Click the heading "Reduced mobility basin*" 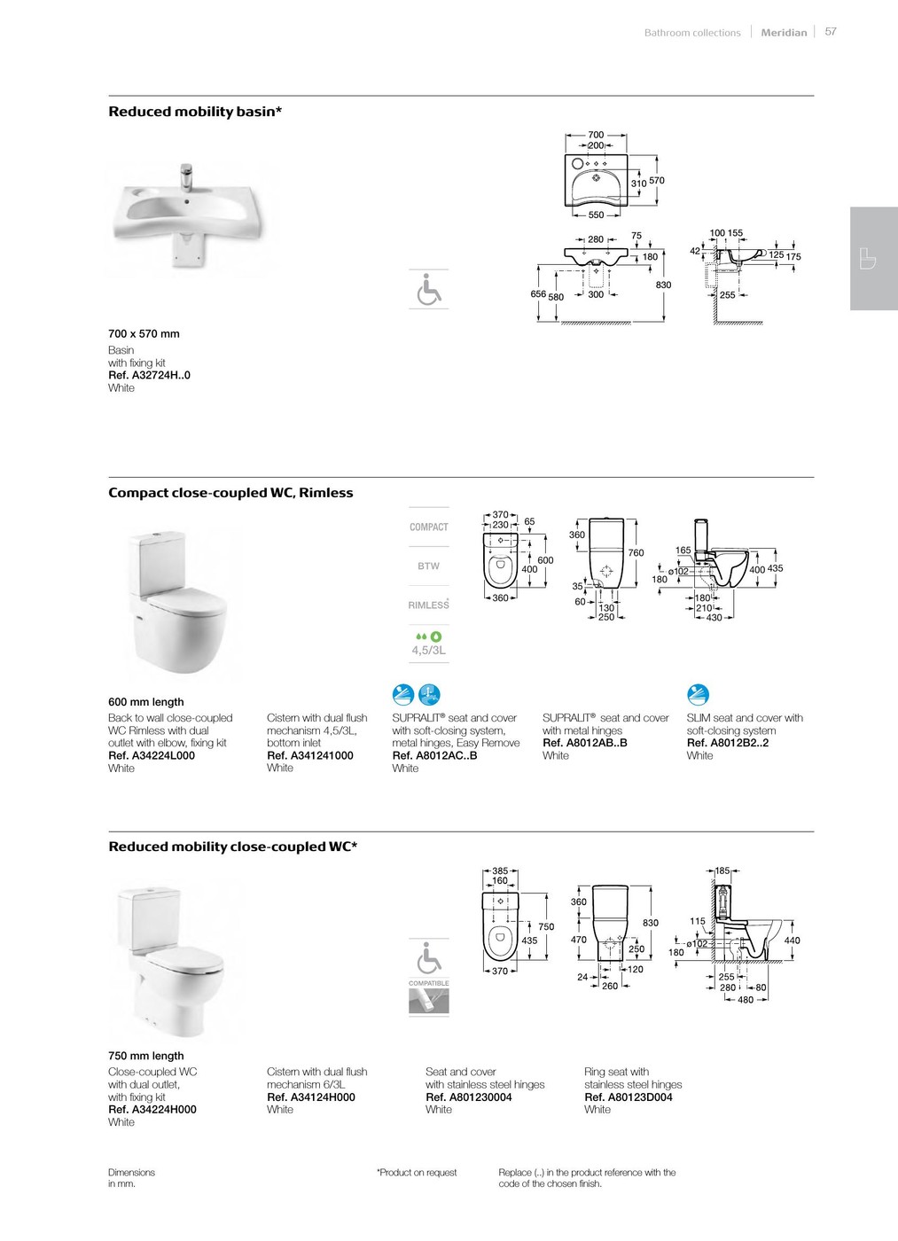coord(195,112)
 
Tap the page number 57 coord(831,31)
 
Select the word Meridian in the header coord(784,33)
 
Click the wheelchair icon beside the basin coord(429,289)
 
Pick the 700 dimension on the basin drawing coord(596,135)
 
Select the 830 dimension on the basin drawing coord(663,285)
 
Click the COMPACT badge coord(429,527)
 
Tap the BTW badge coord(429,566)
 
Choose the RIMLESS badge coord(429,605)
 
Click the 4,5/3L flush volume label coord(429,650)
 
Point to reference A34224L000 coord(152,755)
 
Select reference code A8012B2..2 coord(728,743)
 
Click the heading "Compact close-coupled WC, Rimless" coord(230,493)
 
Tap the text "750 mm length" coord(146,1056)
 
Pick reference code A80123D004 coord(629,1097)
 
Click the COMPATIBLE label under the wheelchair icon coord(429,983)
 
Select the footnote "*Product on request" coord(417,1173)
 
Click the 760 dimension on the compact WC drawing coord(636,552)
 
